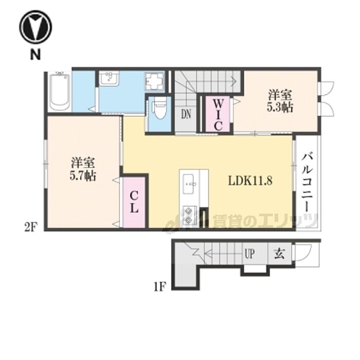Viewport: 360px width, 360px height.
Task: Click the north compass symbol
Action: click(x=35, y=27)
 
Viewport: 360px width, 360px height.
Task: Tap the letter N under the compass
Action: click(x=35, y=55)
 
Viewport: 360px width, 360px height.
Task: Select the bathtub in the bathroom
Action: click(x=60, y=91)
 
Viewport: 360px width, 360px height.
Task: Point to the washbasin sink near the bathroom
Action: click(x=109, y=78)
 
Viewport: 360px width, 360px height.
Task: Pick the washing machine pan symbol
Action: click(x=154, y=82)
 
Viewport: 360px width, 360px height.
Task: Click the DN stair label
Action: click(x=186, y=114)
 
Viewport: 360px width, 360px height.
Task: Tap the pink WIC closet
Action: click(x=218, y=114)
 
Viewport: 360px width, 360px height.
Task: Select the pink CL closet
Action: click(x=134, y=202)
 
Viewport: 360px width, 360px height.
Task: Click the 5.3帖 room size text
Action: click(x=280, y=107)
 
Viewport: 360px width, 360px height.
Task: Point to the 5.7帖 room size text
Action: click(x=83, y=176)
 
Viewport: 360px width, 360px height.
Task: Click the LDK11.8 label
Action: click(x=250, y=181)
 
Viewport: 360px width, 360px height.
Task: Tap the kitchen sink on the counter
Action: click(x=191, y=184)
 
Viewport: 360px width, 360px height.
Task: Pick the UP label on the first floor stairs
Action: click(x=249, y=254)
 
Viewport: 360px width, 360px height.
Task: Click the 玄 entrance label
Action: click(x=279, y=254)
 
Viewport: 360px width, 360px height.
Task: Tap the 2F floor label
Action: click(x=31, y=227)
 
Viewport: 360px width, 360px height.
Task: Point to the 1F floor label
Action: click(x=159, y=287)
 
